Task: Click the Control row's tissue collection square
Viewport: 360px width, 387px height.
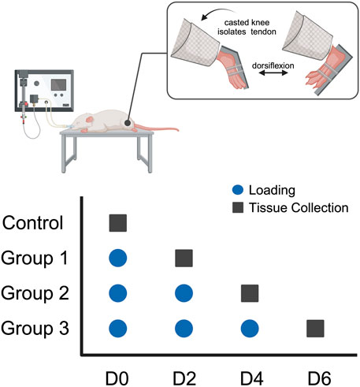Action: pos(117,223)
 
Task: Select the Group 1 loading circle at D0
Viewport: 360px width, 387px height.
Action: pos(117,257)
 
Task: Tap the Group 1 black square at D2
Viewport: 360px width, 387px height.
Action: pos(184,257)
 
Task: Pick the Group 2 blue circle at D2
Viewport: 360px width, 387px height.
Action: pos(184,292)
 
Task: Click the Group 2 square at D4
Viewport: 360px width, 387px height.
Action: pos(250,292)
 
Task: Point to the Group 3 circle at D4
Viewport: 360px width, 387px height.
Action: pos(250,328)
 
